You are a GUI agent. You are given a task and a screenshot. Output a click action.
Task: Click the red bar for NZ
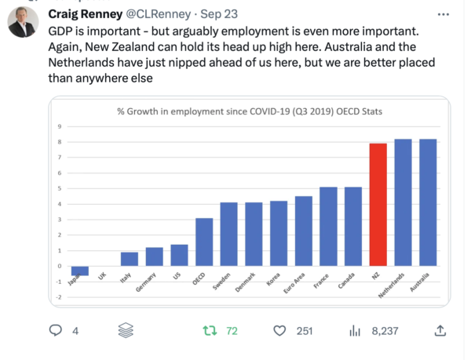click(378, 205)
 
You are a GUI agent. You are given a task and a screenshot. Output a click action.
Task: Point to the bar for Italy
click(130, 259)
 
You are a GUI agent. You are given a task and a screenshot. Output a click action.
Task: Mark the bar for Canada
click(353, 227)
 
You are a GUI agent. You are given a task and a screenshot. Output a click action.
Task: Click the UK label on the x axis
click(102, 277)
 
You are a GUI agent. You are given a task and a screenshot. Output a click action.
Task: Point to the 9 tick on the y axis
click(60, 126)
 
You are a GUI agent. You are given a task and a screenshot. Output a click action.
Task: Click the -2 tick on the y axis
click(59, 297)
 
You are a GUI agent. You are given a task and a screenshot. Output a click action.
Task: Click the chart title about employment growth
click(250, 111)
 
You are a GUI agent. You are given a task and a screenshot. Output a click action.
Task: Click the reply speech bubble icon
click(56, 331)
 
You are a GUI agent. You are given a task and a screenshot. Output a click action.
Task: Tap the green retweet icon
click(210, 331)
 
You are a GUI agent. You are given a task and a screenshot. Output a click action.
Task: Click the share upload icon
click(440, 331)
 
